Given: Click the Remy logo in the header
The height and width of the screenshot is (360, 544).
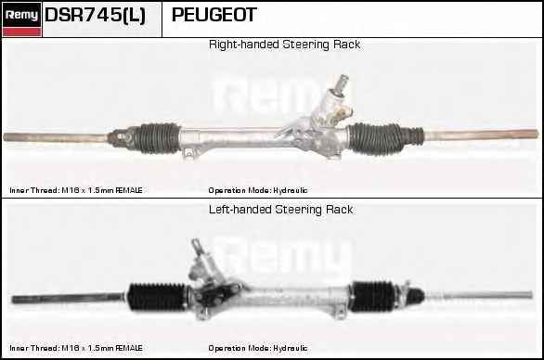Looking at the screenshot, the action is coord(21,19).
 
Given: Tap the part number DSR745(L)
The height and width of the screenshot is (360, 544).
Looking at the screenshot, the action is coord(95,15).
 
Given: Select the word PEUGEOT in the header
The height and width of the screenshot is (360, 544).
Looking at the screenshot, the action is coord(214,15).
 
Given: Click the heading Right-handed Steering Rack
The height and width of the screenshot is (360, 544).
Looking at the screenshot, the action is coord(284,45).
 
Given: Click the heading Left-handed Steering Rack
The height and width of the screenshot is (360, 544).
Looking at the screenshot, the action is coord(280,210).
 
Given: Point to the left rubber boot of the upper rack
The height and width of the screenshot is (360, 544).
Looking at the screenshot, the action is coord(158,138).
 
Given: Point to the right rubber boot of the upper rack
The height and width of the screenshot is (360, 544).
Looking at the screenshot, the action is coord(376,138).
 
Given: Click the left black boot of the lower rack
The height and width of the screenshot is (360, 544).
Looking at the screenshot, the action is coord(158,297).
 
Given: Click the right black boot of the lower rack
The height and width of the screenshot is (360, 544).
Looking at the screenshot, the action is coord(373,296).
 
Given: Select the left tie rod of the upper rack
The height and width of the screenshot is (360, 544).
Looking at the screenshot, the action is coord(56,137).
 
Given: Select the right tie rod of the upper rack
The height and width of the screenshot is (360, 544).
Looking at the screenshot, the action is coord(481,135).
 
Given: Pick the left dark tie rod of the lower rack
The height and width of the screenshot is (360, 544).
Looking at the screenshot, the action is coord(68,298).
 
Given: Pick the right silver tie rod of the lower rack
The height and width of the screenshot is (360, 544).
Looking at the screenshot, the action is coord(479,295).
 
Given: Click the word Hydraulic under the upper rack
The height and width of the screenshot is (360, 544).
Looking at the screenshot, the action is coord(290,190).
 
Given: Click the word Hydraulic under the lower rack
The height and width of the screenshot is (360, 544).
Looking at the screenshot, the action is coord(290,348).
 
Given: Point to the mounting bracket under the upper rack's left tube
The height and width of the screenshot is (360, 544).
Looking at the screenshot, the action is coord(188,152).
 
